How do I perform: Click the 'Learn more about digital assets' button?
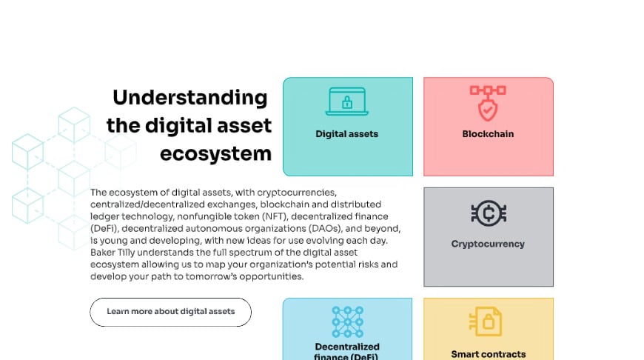170,312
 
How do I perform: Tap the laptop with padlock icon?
346,102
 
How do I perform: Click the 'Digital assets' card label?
346,134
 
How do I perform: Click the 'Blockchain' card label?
488,134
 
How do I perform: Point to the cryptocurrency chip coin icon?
488,213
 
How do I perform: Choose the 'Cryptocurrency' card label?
488,244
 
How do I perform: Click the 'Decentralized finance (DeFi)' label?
347,351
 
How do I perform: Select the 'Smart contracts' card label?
488,354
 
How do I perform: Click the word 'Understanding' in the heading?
190,98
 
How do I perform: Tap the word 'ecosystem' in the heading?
215,153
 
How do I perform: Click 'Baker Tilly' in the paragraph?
114,253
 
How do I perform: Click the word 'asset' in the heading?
246,125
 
